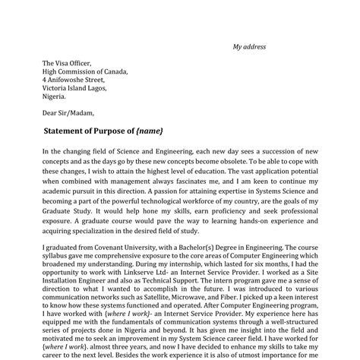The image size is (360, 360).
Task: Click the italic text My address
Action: pos(249,47)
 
